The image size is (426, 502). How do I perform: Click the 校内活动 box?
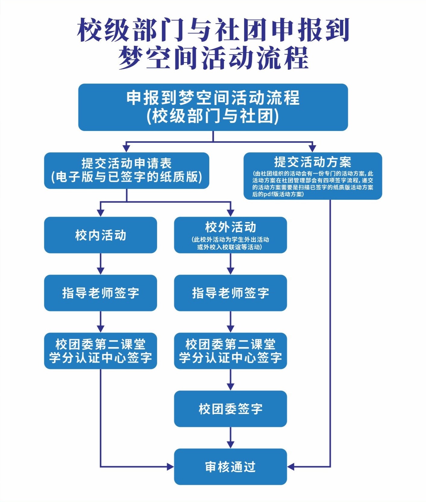(100, 235)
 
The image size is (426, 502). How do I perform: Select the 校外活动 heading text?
(230, 227)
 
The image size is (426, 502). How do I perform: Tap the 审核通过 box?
(230, 467)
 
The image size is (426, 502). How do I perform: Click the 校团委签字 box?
(230, 409)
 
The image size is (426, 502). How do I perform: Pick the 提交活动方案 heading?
(312, 162)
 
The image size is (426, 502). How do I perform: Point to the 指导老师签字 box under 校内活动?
(100, 293)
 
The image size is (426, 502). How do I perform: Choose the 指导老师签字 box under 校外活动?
(230, 293)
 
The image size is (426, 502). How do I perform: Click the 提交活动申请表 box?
(127, 170)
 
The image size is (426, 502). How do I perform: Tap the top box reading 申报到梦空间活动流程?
(213, 107)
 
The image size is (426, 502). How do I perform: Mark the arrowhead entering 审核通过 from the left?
(170, 467)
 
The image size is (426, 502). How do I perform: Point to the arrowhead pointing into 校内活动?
(100, 213)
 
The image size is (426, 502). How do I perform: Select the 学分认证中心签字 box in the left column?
(100, 351)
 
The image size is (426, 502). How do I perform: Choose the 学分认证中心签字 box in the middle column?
(230, 351)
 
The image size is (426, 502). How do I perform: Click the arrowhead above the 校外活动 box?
(230, 213)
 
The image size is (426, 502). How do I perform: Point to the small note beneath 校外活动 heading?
(230, 243)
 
